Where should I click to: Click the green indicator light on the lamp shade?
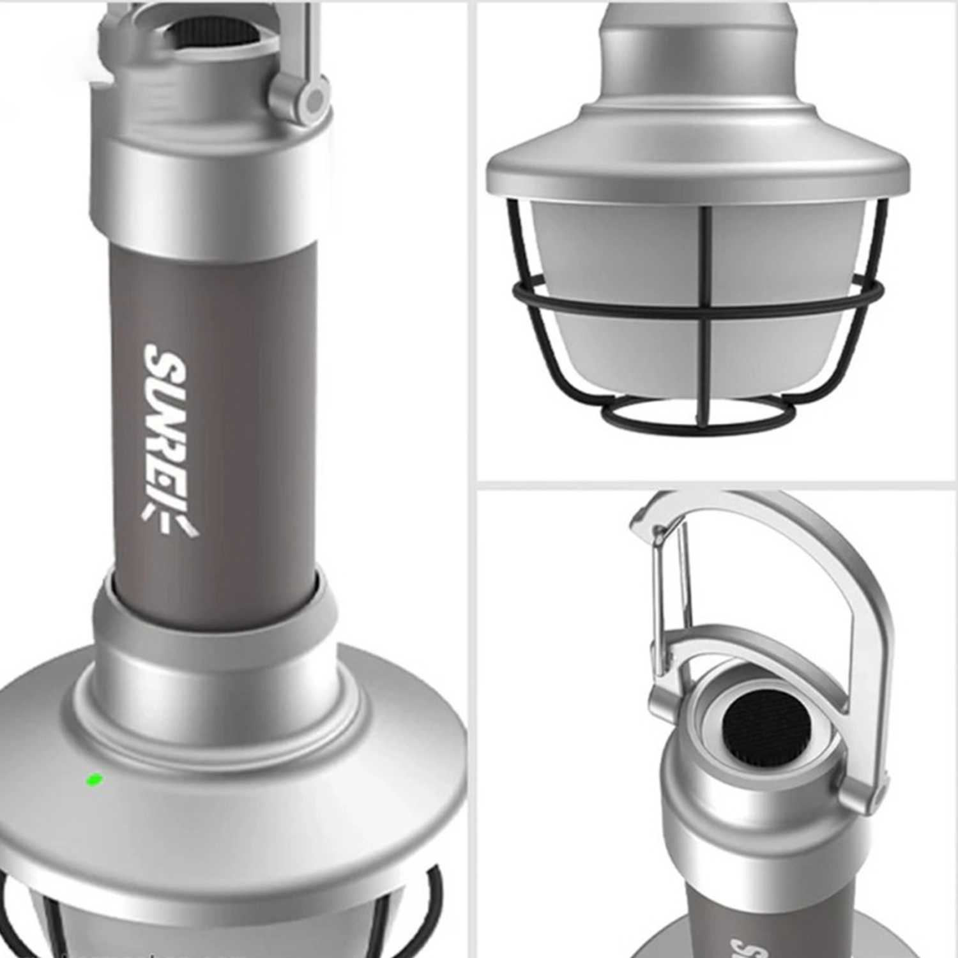pos(94,779)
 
